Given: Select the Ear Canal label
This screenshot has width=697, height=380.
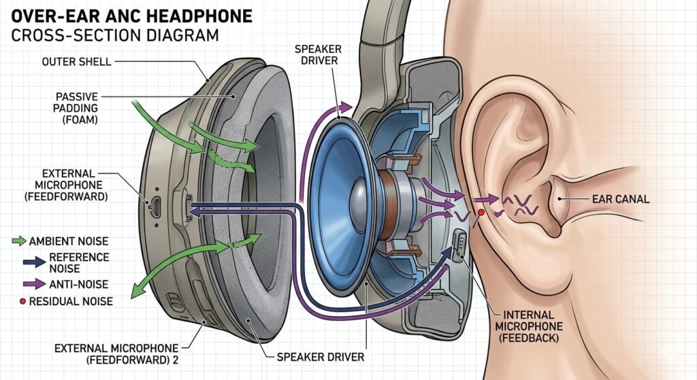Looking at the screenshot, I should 617,199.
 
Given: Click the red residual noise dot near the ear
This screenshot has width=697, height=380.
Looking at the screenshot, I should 481,213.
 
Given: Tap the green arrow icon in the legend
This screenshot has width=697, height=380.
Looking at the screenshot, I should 19,241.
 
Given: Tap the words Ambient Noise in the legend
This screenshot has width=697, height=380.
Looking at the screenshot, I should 69,241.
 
